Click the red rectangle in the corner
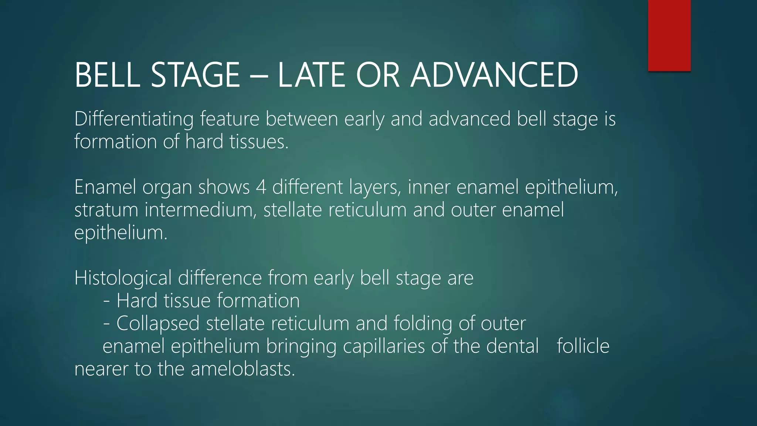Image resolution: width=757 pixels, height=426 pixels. [x=669, y=35]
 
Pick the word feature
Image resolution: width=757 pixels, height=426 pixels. [x=232, y=119]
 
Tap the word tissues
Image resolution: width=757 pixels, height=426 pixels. [x=258, y=142]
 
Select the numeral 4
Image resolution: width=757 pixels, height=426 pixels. [x=261, y=187]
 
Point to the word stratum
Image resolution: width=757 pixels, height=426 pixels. [x=106, y=210]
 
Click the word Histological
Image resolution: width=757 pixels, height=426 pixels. [x=123, y=278]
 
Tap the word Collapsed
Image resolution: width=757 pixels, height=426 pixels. [x=158, y=324]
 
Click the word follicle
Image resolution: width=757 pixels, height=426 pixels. [x=583, y=346]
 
